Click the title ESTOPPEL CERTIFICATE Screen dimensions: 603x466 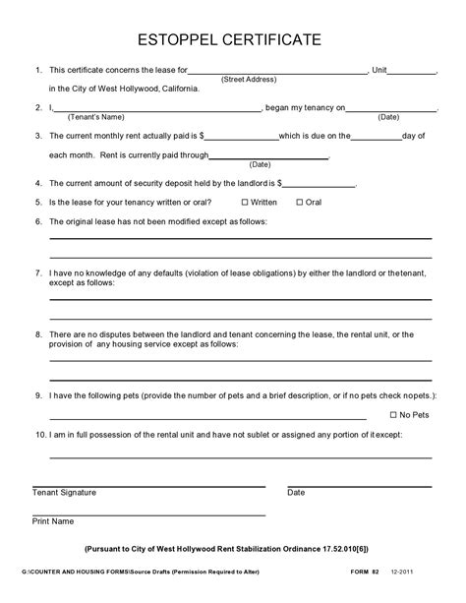pyautogui.click(x=233, y=39)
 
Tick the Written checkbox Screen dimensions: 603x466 pyautogui.click(x=245, y=202)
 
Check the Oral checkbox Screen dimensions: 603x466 pyautogui.click(x=300, y=202)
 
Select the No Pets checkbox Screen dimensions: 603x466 pyautogui.click(x=393, y=415)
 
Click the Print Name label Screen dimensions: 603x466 pyautogui.click(x=54, y=521)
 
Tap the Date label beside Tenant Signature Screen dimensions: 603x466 pyautogui.click(x=296, y=493)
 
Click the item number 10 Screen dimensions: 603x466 pyautogui.click(x=38, y=434)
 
